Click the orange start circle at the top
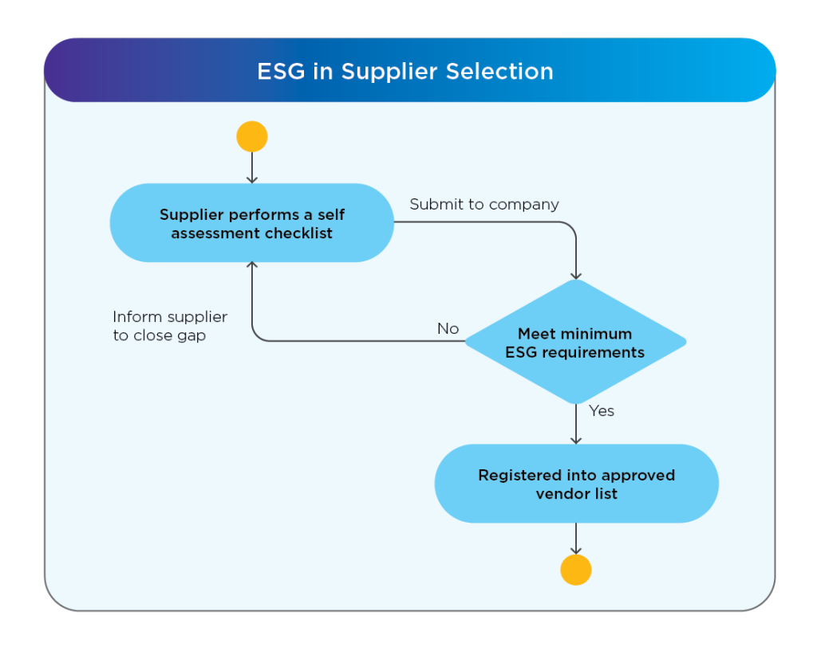point(252,137)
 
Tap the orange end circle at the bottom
point(575,570)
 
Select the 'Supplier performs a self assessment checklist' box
point(252,224)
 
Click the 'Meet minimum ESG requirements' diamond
point(575,343)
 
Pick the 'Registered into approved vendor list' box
point(576,484)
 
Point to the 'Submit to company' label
point(484,205)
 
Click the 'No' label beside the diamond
point(448,328)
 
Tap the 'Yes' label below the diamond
point(602,411)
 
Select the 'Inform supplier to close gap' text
point(170,326)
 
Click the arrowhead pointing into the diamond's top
point(575,274)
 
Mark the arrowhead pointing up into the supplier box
point(252,267)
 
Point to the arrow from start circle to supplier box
point(252,167)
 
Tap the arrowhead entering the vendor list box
point(575,440)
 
